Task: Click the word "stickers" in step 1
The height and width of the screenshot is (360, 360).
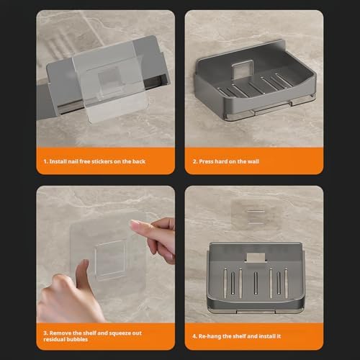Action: [102, 161]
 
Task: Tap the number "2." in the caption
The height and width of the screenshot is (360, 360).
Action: [195, 161]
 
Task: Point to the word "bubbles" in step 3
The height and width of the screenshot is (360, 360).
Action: [77, 339]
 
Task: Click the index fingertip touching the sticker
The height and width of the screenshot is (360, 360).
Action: [134, 225]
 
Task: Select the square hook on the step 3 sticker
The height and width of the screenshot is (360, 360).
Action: [110, 261]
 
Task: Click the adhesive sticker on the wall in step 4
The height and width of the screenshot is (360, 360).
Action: [256, 215]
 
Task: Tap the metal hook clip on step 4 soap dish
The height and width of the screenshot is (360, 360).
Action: [256, 257]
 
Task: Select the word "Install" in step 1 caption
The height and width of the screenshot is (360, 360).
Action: [58, 161]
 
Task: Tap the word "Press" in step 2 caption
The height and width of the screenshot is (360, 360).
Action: [207, 161]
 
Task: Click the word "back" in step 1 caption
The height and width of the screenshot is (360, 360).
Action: [139, 161]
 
